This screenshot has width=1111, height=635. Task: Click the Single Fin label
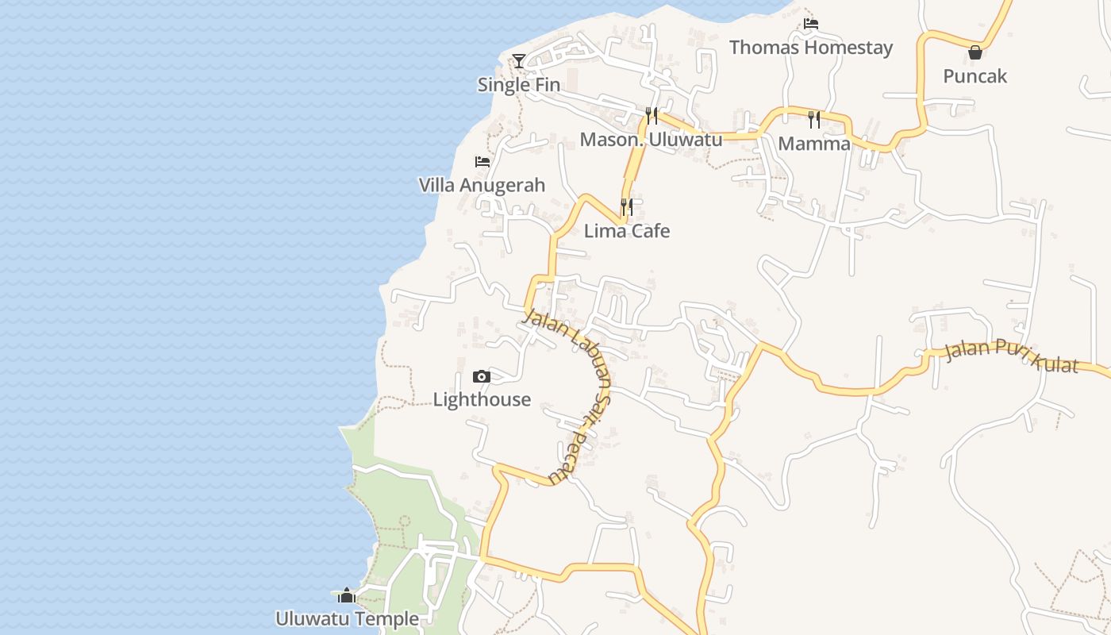518,85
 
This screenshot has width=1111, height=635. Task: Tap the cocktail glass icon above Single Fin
518,60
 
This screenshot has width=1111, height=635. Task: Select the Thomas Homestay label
810,48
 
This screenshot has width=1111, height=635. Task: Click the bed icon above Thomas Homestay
810,24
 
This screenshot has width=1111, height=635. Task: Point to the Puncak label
975,76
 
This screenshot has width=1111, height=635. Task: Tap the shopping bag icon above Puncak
975,52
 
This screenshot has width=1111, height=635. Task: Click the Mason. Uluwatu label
651,140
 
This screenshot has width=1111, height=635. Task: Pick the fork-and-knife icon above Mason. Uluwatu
652,116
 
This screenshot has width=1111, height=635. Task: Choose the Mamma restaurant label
814,144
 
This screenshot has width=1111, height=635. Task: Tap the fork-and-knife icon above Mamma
814,120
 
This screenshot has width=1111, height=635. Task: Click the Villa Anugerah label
482,186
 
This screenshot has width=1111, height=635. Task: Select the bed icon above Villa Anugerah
482,162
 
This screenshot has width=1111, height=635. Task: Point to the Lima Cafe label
627,231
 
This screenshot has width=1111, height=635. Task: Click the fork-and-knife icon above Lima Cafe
627,207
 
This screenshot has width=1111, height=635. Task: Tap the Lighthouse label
482,399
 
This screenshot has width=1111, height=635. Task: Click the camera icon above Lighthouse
482,376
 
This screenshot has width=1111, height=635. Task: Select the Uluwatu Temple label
347,618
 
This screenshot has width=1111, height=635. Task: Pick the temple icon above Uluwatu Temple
347,595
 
